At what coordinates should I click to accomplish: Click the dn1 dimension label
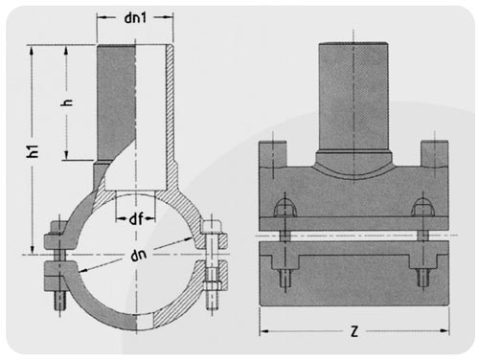click(135, 17)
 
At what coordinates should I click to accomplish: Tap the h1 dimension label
click(33, 151)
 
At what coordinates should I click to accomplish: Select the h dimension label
click(67, 102)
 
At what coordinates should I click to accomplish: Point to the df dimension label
click(136, 219)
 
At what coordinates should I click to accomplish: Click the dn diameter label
click(138, 255)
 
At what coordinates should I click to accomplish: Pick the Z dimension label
click(354, 331)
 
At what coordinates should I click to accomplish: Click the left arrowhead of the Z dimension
click(263, 331)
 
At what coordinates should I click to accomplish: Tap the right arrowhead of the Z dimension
click(445, 330)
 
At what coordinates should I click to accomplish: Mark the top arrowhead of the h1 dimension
click(32, 50)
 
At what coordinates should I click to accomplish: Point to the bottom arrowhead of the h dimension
click(66, 155)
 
